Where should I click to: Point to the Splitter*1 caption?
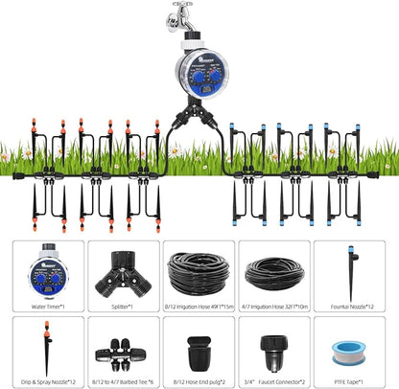123,307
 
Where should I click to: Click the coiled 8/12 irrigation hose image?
199,272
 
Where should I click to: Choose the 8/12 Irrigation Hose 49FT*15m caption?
199,307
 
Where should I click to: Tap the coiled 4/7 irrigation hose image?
273,273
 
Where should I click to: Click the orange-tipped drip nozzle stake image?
48,349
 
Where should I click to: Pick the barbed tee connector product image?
123,352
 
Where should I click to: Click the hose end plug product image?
199,351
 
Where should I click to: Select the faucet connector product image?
274,351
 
